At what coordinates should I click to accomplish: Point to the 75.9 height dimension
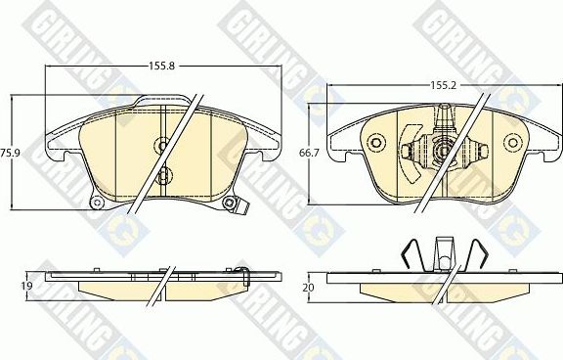click(11, 153)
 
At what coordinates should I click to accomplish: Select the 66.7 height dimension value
click(310, 154)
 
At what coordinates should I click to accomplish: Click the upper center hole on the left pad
click(162, 144)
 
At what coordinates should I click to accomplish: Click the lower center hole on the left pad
click(163, 176)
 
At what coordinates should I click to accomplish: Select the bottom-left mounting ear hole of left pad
click(97, 202)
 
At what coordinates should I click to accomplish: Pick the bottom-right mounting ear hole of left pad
click(230, 203)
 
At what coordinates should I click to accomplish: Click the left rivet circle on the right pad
click(373, 143)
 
